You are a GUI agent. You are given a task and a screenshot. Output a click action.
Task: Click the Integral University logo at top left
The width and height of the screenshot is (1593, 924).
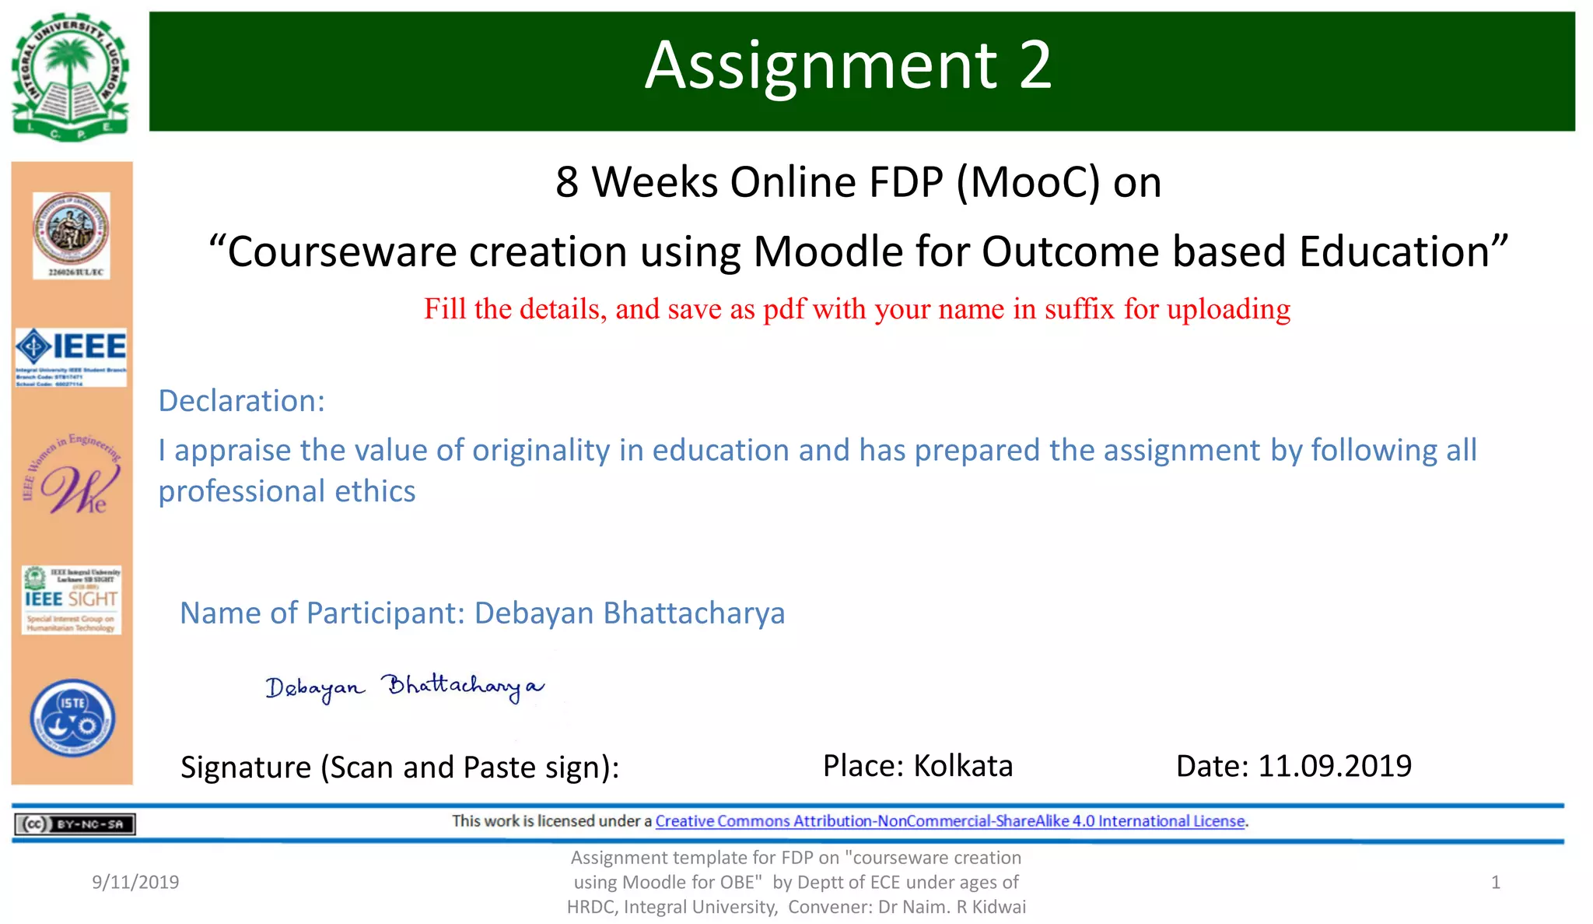[x=71, y=76]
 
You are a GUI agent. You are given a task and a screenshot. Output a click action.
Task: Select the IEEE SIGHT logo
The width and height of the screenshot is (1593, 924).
[x=72, y=599]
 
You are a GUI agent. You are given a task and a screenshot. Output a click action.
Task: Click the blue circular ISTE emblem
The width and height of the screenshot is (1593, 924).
[x=72, y=718]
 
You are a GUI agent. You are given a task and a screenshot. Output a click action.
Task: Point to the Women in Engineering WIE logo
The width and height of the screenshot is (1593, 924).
[x=72, y=475]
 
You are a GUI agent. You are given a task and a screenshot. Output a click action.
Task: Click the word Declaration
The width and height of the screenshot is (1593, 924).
[x=241, y=401]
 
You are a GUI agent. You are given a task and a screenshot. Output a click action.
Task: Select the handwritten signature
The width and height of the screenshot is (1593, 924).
[x=404, y=687]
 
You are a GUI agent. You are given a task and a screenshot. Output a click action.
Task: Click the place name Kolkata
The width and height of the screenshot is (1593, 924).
[x=963, y=766]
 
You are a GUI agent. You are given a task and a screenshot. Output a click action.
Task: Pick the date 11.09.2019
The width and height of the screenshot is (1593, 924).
[x=1335, y=766]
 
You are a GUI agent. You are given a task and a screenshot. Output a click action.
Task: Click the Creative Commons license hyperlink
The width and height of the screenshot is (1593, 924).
[x=950, y=821]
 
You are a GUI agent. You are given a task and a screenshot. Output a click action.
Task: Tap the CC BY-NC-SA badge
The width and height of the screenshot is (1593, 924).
[x=75, y=824]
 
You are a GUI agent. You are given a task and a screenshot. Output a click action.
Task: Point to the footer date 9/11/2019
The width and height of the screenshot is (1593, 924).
[x=135, y=882]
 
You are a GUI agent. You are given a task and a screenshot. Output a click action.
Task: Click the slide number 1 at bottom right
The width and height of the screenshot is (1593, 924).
[x=1495, y=882]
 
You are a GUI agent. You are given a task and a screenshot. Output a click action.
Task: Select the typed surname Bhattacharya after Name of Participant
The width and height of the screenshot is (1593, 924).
[x=694, y=613]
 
